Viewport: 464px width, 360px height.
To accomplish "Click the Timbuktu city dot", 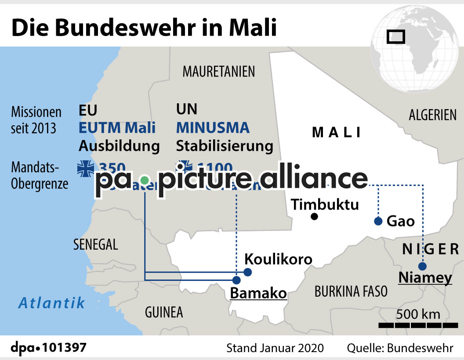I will [314, 216].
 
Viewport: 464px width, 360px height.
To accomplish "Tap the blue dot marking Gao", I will [378, 221].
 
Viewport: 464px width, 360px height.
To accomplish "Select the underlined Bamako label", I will [258, 293].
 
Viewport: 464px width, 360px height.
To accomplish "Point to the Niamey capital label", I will [425, 278].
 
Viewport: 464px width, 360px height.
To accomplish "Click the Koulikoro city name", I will [278, 259].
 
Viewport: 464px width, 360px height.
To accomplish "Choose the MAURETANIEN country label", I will [219, 71].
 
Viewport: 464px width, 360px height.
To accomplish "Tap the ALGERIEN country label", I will [432, 115].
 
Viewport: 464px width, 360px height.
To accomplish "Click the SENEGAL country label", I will [95, 245].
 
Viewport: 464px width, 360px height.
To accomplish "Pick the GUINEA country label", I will [163, 312].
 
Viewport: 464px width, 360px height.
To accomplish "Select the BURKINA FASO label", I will [351, 291].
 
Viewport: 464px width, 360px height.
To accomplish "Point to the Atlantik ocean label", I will [51, 302].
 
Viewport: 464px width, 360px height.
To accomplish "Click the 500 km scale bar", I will [418, 324].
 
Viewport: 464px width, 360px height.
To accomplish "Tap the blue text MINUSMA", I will [213, 128].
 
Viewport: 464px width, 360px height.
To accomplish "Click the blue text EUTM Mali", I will [117, 128].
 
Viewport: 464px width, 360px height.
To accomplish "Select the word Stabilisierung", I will [225, 146].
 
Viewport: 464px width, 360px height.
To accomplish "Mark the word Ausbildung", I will [119, 146].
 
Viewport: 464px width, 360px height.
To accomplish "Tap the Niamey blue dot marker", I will [422, 266].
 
